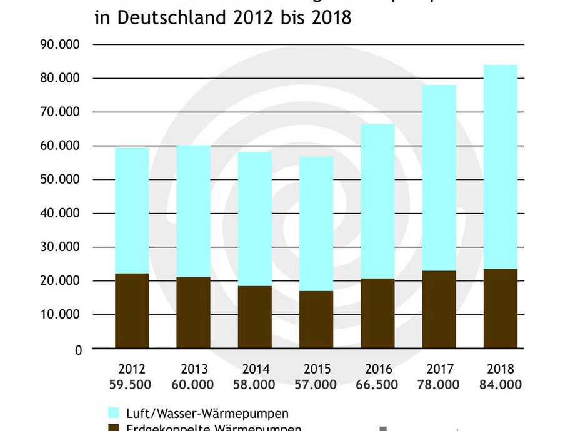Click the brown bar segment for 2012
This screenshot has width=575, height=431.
132,310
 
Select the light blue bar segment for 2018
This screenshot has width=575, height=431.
501,167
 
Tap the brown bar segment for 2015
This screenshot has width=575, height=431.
316,319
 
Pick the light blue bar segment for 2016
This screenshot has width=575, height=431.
377,201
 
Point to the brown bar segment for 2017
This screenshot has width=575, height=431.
439,309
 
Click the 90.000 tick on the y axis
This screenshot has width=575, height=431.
61,45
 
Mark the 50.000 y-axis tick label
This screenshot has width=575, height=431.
61,180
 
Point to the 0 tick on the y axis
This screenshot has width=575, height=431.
78,350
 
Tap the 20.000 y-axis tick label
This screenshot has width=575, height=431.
61,281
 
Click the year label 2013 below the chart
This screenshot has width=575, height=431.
194,369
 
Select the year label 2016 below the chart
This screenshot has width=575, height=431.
377,369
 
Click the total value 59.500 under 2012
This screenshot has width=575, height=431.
132,385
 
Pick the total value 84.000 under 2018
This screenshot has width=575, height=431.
501,385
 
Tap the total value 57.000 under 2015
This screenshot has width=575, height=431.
316,385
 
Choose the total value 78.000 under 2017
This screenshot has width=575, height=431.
439,385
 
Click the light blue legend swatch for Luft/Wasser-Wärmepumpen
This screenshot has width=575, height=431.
113,412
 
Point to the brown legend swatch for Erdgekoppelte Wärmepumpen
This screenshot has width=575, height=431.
113,427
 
